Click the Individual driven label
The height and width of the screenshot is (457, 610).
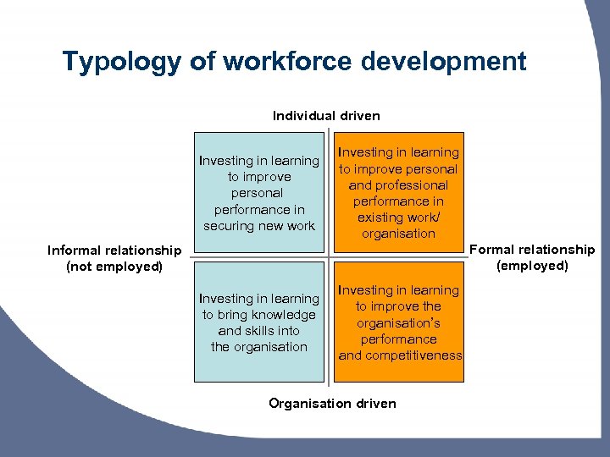pyautogui.click(x=326, y=115)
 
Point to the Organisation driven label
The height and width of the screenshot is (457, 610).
pyautogui.click(x=332, y=403)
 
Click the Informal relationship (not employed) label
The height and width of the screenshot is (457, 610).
pyautogui.click(x=114, y=258)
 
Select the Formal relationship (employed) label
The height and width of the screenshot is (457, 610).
pyautogui.click(x=532, y=257)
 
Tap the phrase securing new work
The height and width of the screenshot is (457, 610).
pyautogui.click(x=259, y=226)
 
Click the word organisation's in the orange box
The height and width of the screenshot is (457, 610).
pyautogui.click(x=398, y=322)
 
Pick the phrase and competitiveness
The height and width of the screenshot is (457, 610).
pyautogui.click(x=400, y=355)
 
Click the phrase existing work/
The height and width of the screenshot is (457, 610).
pyautogui.click(x=398, y=217)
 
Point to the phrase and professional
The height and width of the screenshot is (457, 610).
pyautogui.click(x=398, y=185)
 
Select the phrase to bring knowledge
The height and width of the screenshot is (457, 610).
pyautogui.click(x=258, y=315)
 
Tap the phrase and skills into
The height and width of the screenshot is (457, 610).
pyautogui.click(x=258, y=331)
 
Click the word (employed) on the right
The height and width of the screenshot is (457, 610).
pyautogui.click(x=532, y=266)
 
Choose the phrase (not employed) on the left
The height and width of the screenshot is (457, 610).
pyautogui.click(x=114, y=267)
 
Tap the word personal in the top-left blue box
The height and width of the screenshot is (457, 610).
pyautogui.click(x=258, y=193)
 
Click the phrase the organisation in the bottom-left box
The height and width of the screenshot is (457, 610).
pyautogui.click(x=258, y=347)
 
